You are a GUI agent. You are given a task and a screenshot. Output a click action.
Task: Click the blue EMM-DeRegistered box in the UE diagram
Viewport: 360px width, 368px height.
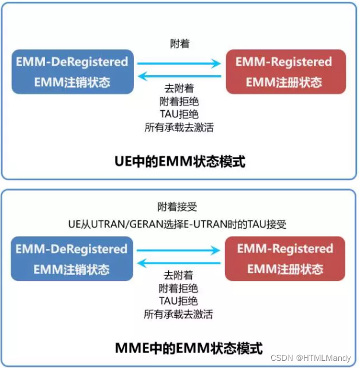coord(72,72)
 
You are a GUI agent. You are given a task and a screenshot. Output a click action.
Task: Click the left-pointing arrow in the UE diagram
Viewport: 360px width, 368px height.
coord(179,76)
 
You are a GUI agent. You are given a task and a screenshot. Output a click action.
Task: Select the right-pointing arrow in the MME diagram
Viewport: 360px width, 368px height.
coord(179,251)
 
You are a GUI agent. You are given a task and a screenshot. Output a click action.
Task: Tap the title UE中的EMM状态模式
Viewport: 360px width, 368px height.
coord(179,161)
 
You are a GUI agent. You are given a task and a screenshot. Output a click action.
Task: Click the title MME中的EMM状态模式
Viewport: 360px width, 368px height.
coord(179,347)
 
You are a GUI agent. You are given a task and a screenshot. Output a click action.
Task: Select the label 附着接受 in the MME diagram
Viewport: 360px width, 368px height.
coord(178,207)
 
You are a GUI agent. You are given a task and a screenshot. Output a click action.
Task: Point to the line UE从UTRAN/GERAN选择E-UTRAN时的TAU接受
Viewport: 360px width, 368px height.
coord(178,225)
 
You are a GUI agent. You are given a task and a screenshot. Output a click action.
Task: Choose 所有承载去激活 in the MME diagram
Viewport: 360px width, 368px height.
coord(178,314)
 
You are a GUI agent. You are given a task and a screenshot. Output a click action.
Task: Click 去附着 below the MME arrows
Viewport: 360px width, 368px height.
coord(178,276)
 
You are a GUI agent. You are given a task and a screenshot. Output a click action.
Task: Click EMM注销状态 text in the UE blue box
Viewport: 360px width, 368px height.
coord(72,82)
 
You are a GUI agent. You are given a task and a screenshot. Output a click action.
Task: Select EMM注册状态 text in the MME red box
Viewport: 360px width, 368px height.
coord(285,269)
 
